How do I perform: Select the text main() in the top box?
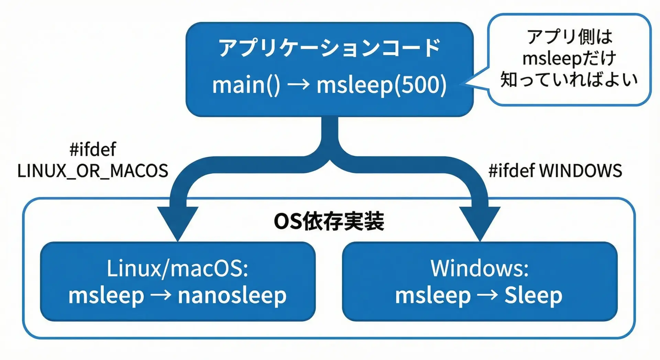(x=246, y=85)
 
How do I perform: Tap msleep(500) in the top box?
(x=382, y=85)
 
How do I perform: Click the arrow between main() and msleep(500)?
(x=298, y=84)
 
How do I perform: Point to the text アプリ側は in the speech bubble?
(x=570, y=36)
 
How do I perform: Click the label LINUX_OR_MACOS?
(x=93, y=171)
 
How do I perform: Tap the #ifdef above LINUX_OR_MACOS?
(x=93, y=149)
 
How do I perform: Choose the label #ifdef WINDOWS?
(x=555, y=171)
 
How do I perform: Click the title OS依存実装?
(x=329, y=221)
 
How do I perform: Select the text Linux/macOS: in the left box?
(x=177, y=268)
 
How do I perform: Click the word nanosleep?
(x=232, y=295)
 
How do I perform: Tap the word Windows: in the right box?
(x=480, y=268)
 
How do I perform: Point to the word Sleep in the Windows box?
(x=533, y=295)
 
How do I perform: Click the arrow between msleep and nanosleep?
(x=161, y=295)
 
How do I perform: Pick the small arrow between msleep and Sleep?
(x=487, y=295)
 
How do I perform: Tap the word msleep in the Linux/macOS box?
(x=106, y=295)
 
